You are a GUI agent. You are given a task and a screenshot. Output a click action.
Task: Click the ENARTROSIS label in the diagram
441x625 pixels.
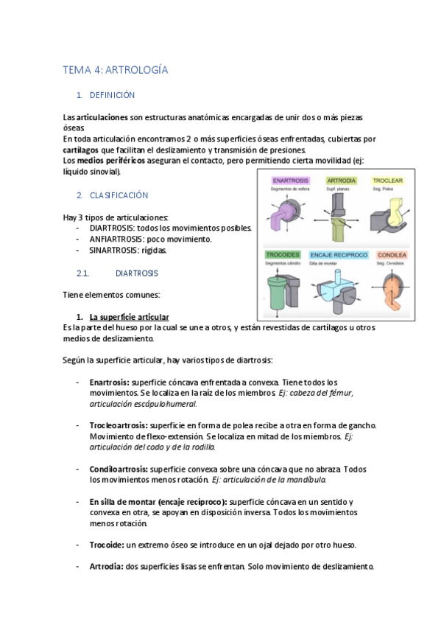pyautogui.click(x=290, y=180)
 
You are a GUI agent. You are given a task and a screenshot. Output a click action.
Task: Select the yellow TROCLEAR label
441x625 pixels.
pyautogui.click(x=387, y=180)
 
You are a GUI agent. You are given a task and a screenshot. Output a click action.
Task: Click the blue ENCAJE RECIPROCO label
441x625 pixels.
pyautogui.click(x=339, y=254)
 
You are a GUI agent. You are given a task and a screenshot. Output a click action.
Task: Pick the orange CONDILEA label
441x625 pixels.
pyautogui.click(x=390, y=254)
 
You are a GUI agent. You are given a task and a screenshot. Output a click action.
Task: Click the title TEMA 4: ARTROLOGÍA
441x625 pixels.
pyautogui.click(x=116, y=70)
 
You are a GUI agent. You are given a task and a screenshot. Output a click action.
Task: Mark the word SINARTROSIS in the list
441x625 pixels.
pyautogui.click(x=116, y=250)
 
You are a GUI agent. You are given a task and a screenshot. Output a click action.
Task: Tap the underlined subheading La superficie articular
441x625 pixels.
pyautogui.click(x=129, y=316)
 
